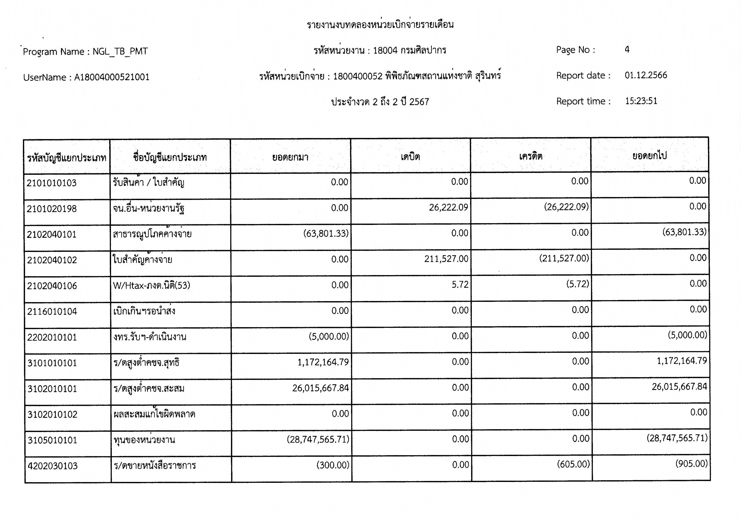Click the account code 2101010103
tap(52, 183)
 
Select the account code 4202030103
tap(53, 466)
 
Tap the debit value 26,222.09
tap(448, 207)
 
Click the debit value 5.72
tap(460, 284)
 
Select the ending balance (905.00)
tap(691, 464)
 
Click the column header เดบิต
tap(410, 157)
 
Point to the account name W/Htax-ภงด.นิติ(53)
tap(151, 286)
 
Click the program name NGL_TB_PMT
tap(120, 52)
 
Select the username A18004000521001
tap(112, 77)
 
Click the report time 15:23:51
tap(641, 101)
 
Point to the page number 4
tap(627, 49)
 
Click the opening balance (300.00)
tap(333, 465)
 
